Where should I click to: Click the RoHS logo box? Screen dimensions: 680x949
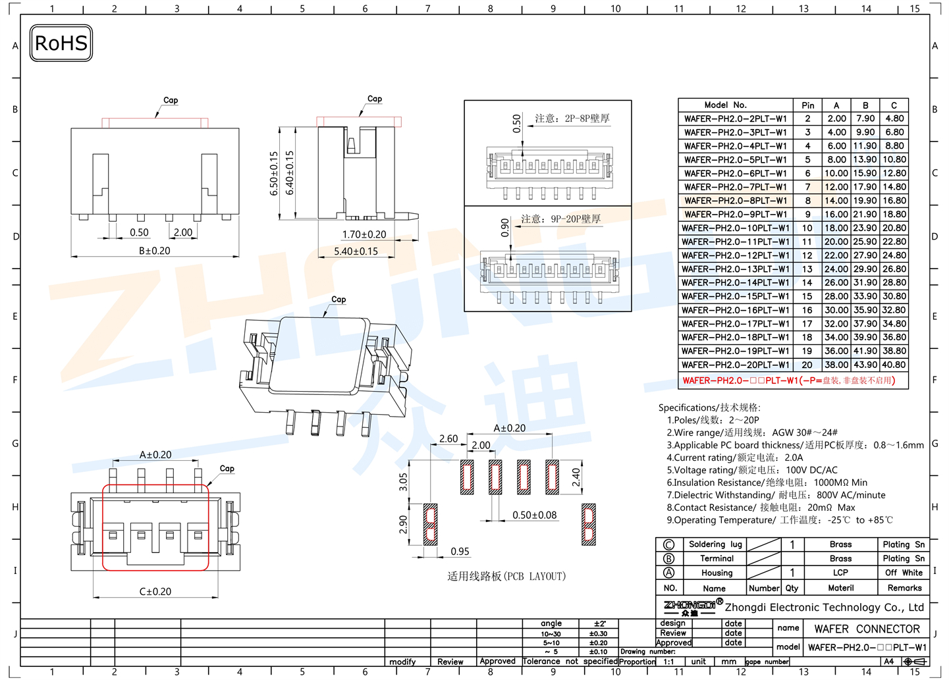coord(61,43)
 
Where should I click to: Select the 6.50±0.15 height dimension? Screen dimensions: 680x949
coord(274,173)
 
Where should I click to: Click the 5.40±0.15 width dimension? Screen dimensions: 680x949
coord(356,251)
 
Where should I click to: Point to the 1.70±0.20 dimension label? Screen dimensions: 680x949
coord(364,234)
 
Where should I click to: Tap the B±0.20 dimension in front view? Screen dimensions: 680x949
coord(155,251)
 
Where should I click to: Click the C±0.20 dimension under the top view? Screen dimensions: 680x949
coord(155,592)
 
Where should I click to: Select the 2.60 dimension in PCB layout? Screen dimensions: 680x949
coord(448,439)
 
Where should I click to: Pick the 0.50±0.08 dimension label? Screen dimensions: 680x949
coord(534,515)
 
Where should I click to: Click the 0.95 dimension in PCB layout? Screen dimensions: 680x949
coord(460,552)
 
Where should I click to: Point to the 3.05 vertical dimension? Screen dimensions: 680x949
coord(404,482)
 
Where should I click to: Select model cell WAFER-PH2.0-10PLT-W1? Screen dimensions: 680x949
coord(735,228)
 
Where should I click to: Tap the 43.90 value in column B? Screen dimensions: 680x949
coord(865,365)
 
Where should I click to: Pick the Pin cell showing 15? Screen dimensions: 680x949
coord(807,296)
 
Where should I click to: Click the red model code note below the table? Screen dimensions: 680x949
coord(788,380)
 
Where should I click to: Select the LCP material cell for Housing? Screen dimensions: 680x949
coord(840,573)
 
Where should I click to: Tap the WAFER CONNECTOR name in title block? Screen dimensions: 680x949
coord(867,629)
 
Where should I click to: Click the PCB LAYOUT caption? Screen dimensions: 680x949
coord(506,577)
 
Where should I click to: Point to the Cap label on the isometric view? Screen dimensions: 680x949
coord(339,300)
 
